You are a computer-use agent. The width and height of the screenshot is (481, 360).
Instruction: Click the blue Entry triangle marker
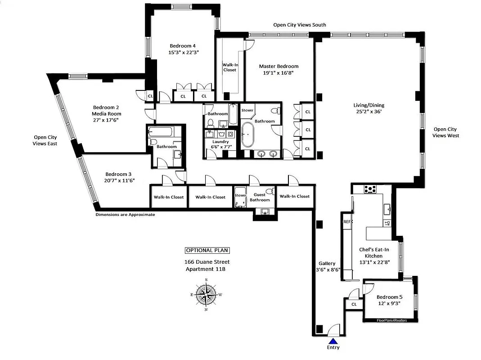coord(333,341)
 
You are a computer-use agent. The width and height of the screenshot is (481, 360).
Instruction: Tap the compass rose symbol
coord(206,295)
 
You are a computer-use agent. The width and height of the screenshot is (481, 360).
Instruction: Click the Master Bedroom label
coord(279,66)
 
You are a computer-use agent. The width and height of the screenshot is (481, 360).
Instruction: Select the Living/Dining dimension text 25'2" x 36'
coord(369,112)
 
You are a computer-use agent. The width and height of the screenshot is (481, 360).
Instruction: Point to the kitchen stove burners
coord(370,189)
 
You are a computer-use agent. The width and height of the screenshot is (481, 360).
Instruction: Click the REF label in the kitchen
coord(347,222)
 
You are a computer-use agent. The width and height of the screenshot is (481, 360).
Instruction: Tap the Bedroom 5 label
coord(390,297)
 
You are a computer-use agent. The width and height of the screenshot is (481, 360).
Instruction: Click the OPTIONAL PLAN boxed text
coord(207,251)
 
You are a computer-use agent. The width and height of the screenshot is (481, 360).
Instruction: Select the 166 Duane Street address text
coord(207,262)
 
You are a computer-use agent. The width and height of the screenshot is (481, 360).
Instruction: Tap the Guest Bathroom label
coord(260,197)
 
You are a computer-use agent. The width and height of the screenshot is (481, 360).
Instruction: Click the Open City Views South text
coord(300,25)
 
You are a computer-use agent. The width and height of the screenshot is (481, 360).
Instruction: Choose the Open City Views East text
coord(45,140)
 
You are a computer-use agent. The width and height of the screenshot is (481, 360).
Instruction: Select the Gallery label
coord(327,264)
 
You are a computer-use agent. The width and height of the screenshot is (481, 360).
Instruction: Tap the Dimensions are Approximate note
coord(125,215)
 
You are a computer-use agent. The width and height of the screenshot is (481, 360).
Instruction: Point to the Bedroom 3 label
coord(119,174)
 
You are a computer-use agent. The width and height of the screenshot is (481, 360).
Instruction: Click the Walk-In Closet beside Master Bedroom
coord(229,67)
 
